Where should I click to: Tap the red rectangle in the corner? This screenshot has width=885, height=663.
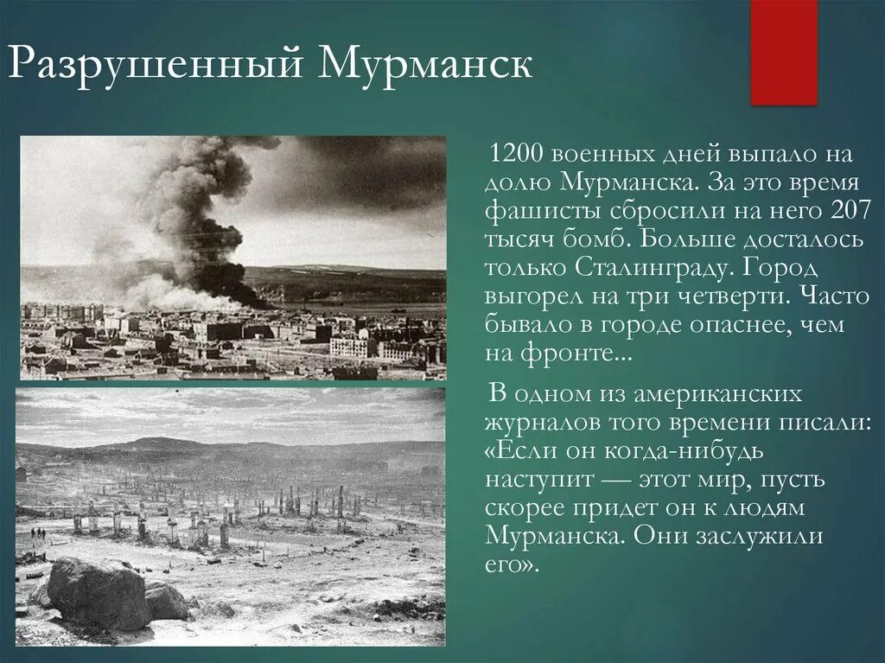[783, 52]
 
